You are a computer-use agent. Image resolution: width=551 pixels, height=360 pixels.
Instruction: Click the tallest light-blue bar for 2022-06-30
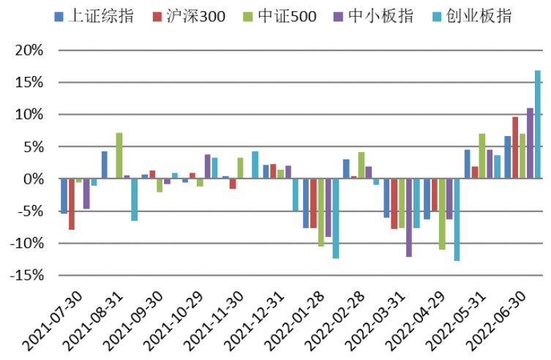[x=538, y=124]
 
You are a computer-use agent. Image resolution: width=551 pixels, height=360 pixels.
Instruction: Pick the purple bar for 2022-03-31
[x=408, y=218]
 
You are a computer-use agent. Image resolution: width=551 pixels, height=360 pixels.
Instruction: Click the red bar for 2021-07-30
[x=72, y=204]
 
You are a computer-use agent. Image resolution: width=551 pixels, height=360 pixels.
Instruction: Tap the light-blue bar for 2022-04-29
[x=457, y=220]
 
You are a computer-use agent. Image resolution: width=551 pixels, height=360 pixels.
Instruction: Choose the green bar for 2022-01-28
[x=321, y=212]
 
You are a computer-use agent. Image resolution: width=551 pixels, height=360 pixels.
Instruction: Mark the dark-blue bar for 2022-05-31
[x=468, y=165]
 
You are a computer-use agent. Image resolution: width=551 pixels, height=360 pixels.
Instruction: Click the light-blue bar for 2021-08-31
[x=135, y=200]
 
